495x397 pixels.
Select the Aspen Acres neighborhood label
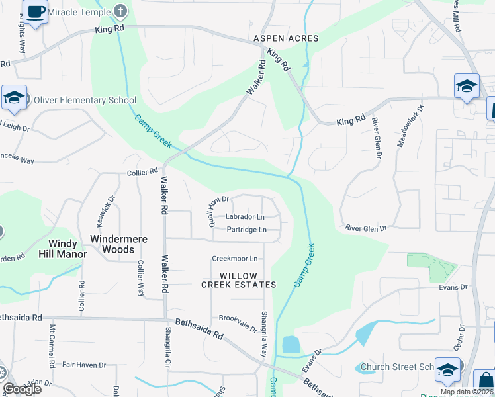(286, 39)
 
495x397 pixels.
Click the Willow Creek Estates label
(238, 279)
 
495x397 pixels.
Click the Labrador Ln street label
(245, 217)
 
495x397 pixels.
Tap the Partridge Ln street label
(246, 230)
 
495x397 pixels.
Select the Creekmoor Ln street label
(234, 259)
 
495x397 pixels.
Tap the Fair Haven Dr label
(84, 365)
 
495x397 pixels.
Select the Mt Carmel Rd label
(52, 346)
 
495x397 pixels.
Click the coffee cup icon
(36, 11)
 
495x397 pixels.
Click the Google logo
(22, 389)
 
